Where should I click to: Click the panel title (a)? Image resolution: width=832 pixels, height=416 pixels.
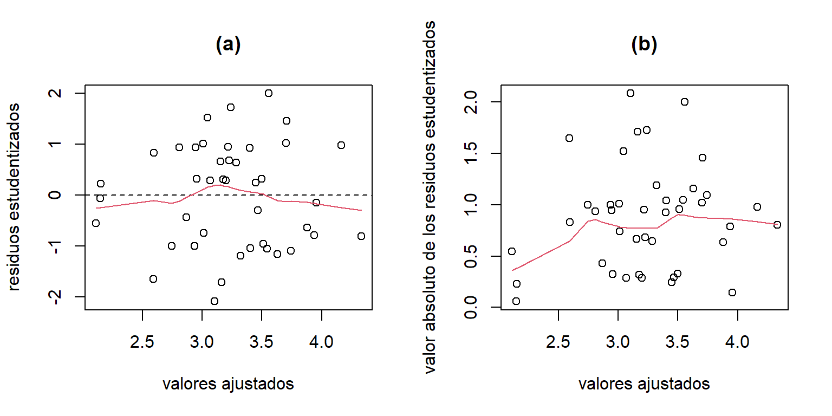[x=228, y=45]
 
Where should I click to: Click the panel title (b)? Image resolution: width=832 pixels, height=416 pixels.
[x=644, y=45]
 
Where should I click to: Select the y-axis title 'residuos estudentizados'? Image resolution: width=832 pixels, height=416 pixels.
[x=15, y=197]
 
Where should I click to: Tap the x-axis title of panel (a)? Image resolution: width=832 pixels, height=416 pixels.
[x=228, y=384]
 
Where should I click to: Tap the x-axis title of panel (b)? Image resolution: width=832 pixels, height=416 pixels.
[x=644, y=384]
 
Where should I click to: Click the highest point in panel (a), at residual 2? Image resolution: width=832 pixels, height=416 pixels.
[x=268, y=93]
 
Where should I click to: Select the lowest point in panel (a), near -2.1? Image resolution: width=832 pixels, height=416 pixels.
[x=214, y=301]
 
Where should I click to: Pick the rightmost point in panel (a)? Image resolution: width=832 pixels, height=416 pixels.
[x=361, y=236]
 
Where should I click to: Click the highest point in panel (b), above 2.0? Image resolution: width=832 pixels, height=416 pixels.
[x=630, y=93]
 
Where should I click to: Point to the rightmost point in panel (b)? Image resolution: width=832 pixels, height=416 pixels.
[x=777, y=225]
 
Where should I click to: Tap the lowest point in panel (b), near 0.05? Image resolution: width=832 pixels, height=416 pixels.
[x=516, y=301]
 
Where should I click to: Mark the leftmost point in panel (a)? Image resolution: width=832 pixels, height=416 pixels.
[x=96, y=223]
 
